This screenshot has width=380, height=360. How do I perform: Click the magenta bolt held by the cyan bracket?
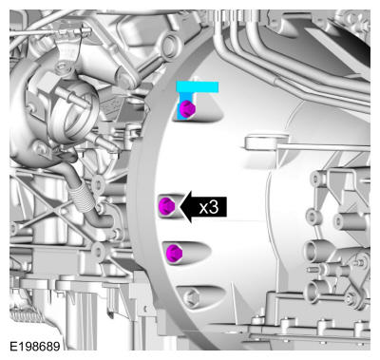187,109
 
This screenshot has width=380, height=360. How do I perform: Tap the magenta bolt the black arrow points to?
166,206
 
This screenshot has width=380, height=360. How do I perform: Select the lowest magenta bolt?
174,253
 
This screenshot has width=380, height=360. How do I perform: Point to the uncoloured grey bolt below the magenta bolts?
192,298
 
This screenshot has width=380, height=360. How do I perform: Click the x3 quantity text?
209,207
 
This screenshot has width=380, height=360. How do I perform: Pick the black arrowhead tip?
180,207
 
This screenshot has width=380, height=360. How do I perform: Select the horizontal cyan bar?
198,87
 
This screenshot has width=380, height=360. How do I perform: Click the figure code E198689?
35,347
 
